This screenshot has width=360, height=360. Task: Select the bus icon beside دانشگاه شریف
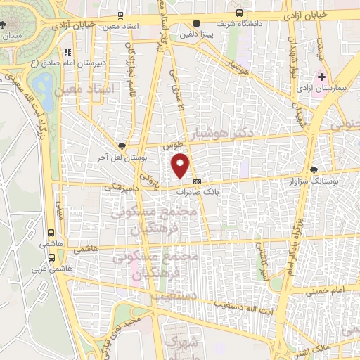coord(240,13)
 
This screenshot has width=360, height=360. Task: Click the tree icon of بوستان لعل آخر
coord(123,146)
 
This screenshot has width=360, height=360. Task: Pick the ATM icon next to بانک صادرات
coord(195,181)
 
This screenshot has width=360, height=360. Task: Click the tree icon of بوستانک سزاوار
coord(313,169)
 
